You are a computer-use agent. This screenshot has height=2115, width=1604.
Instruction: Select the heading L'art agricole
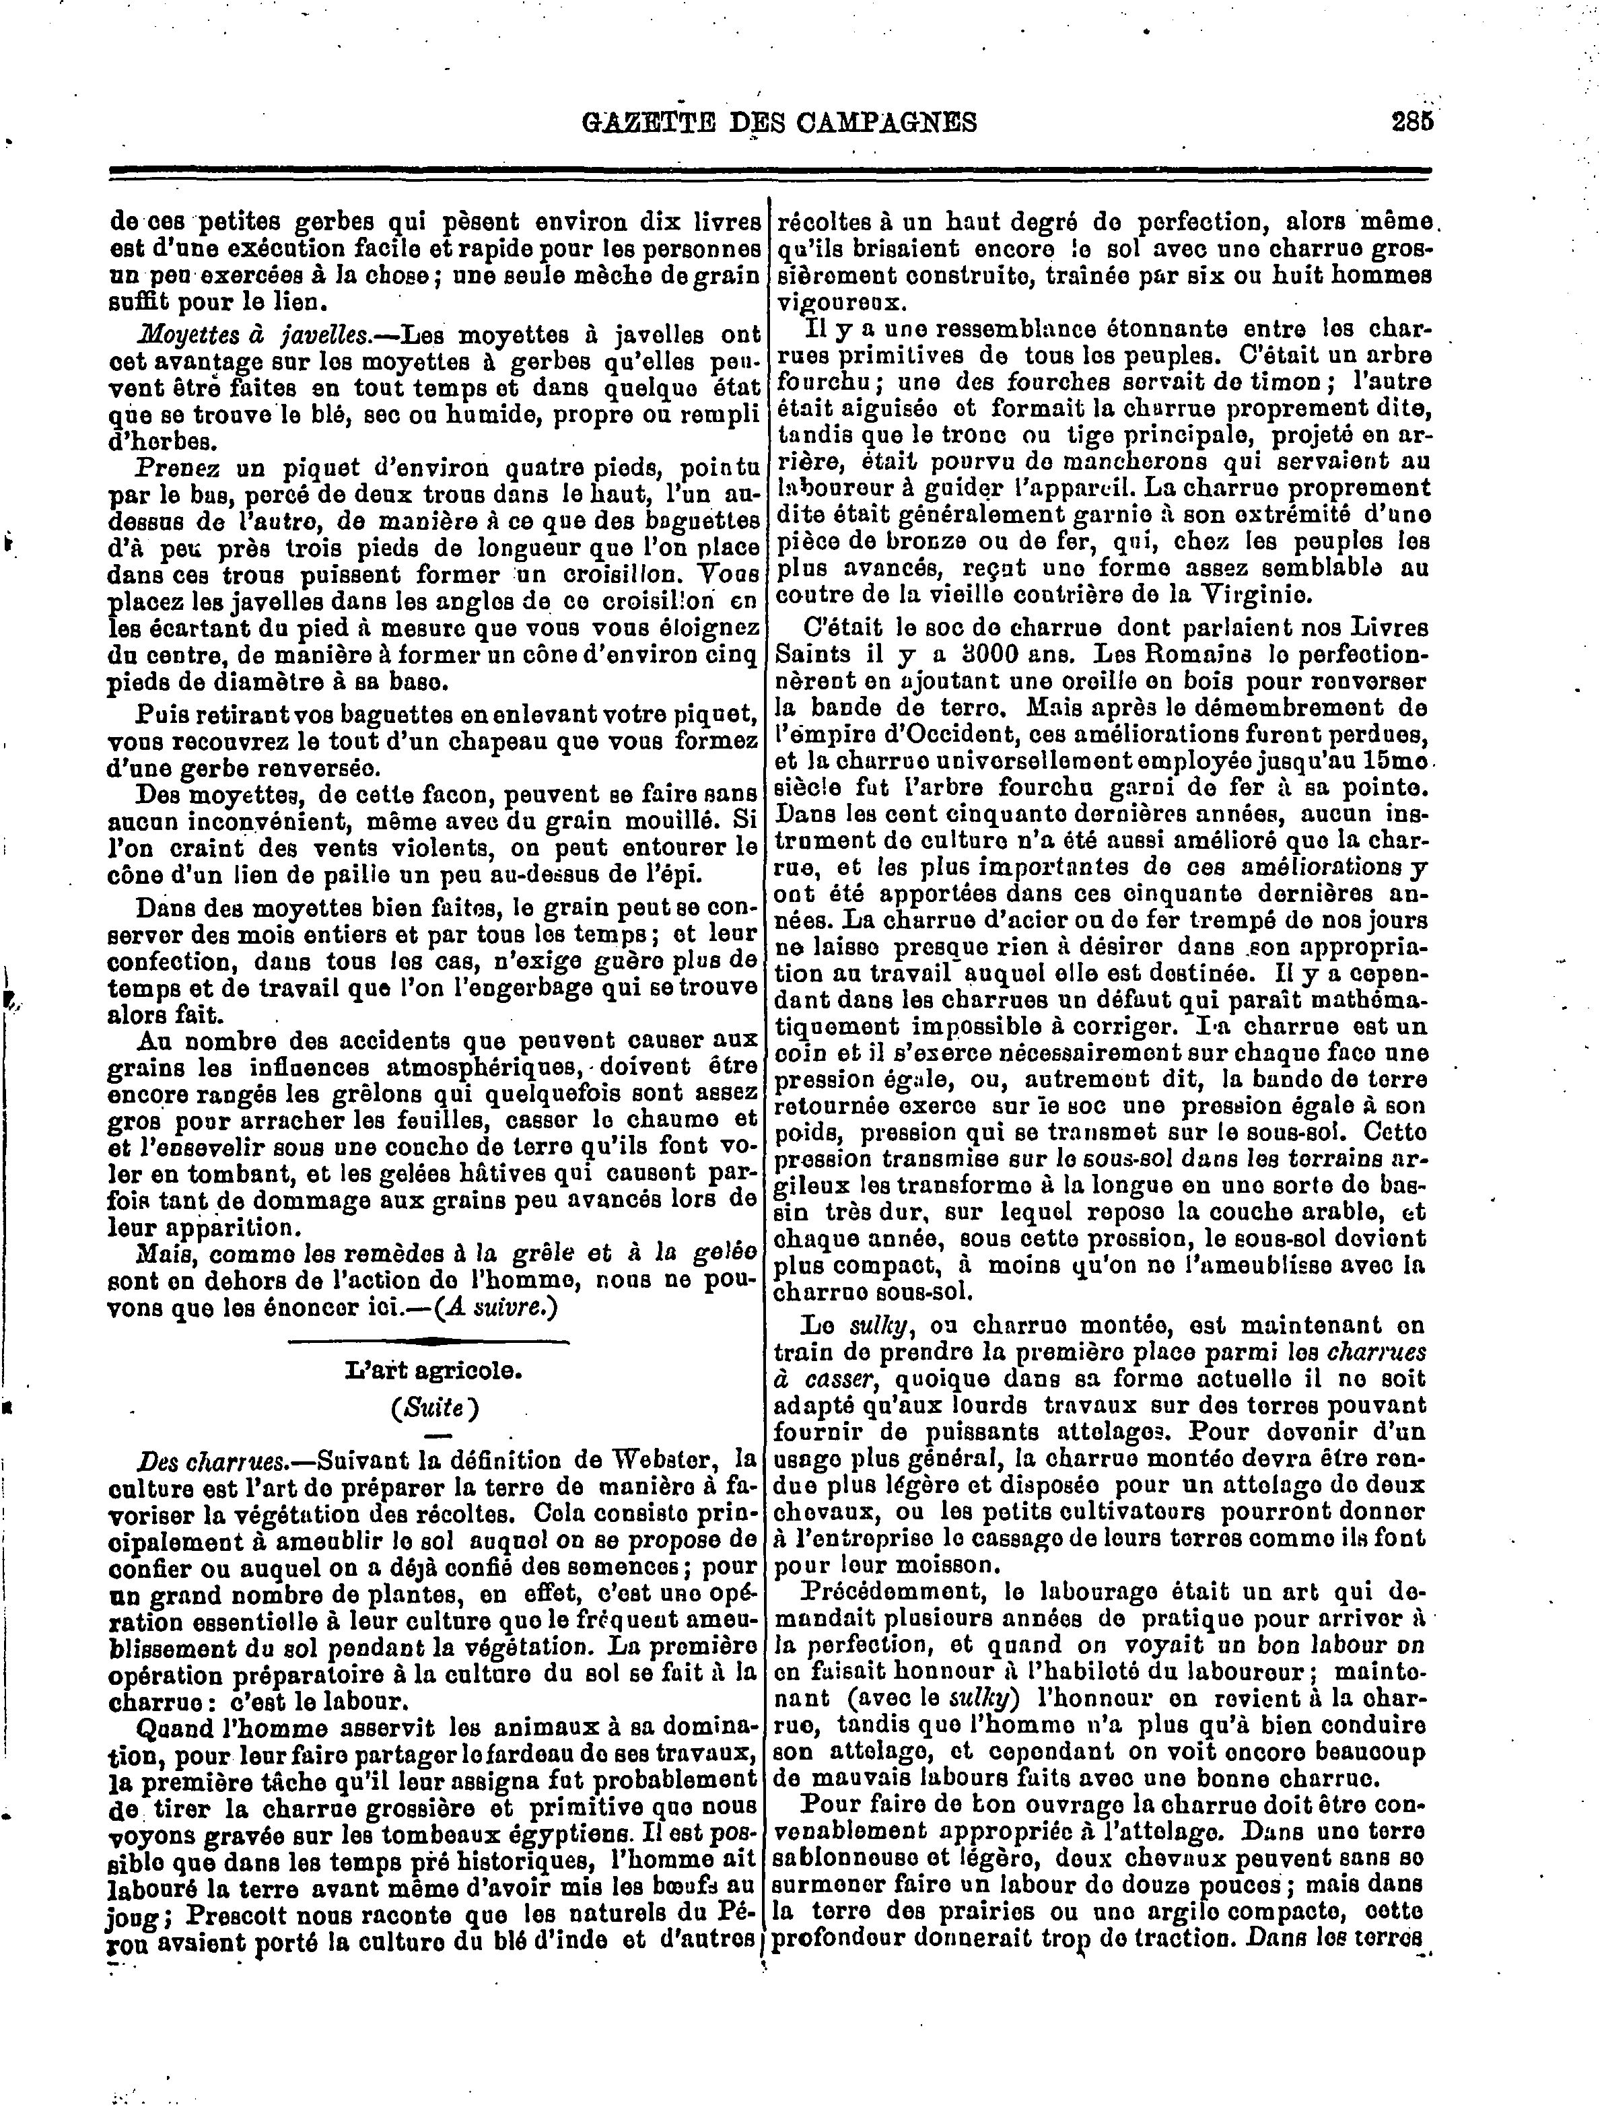coord(433,1370)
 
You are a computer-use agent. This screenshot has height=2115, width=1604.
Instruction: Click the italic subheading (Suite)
coord(433,1408)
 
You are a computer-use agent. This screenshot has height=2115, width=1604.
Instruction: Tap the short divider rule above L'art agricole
coord(433,1342)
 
